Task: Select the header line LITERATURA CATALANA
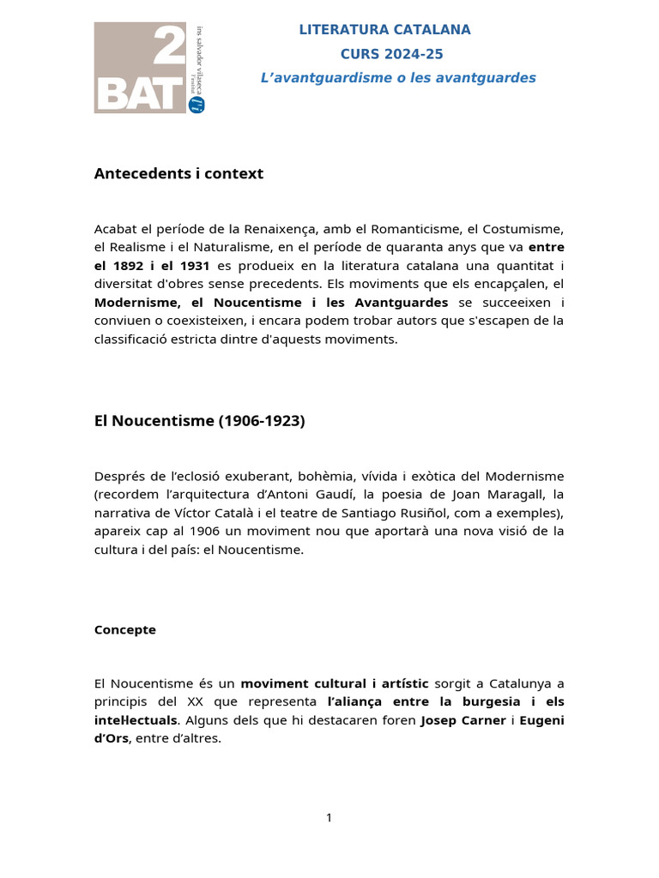pyautogui.click(x=384, y=30)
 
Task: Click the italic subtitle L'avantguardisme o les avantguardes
pyautogui.click(x=398, y=78)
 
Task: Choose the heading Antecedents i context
pyautogui.click(x=178, y=174)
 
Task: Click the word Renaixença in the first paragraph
pyautogui.click(x=281, y=229)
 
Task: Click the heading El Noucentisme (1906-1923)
pyautogui.click(x=199, y=421)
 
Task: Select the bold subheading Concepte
pyautogui.click(x=124, y=629)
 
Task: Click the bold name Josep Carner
pyautogui.click(x=463, y=720)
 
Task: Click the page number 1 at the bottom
pyautogui.click(x=329, y=818)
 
